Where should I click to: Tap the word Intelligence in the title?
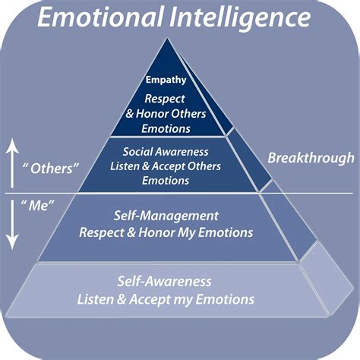pos(244,17)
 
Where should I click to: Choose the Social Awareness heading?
pos(166,152)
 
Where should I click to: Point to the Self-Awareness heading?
pos(166,282)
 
